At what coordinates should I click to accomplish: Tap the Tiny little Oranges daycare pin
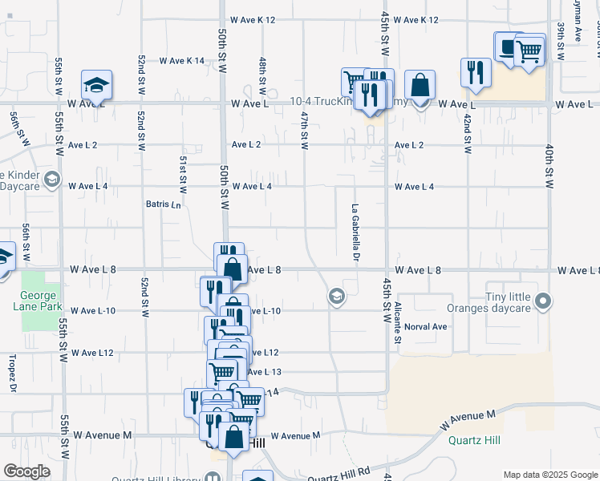click(x=544, y=302)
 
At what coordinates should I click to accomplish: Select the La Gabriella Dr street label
click(x=355, y=232)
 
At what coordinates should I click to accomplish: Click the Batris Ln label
click(x=164, y=204)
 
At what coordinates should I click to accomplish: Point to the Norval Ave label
click(x=426, y=327)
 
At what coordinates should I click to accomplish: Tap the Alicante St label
click(x=397, y=324)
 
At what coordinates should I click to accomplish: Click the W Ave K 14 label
click(x=182, y=61)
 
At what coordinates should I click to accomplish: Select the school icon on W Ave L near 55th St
click(x=96, y=86)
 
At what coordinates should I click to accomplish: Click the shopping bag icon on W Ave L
click(x=420, y=86)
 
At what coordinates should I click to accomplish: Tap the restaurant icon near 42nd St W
click(x=476, y=73)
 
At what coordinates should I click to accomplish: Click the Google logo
click(x=26, y=471)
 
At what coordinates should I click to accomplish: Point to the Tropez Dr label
click(x=13, y=374)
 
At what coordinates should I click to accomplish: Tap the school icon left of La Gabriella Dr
click(x=337, y=297)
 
